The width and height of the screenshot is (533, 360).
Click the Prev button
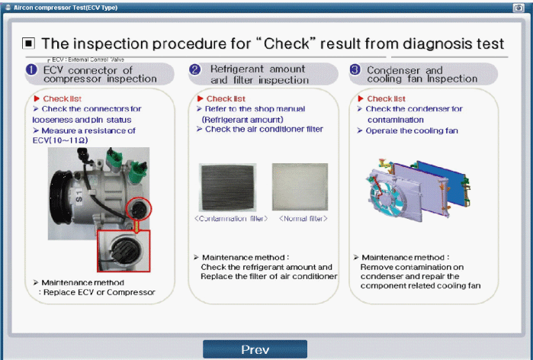(x=255, y=349)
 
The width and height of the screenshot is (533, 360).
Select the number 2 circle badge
(x=195, y=70)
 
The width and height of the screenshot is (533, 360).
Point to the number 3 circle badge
(x=355, y=71)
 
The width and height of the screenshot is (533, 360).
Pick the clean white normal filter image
(x=300, y=187)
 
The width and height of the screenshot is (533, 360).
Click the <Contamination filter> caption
(x=231, y=219)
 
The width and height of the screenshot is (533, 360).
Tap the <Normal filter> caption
(x=303, y=219)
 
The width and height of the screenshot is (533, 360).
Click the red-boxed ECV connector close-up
(x=123, y=249)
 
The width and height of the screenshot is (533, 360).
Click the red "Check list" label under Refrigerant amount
(x=221, y=98)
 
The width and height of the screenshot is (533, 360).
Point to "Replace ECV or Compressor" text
(x=100, y=292)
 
